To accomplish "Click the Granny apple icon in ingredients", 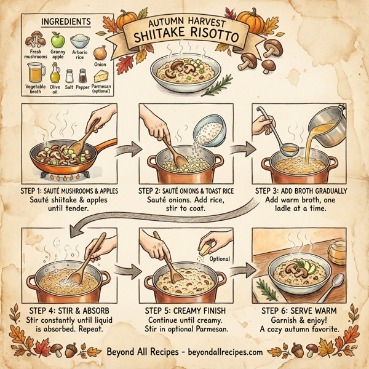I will [57, 41].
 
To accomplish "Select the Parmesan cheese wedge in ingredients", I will [101, 76].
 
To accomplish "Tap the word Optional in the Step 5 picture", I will [220, 259].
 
